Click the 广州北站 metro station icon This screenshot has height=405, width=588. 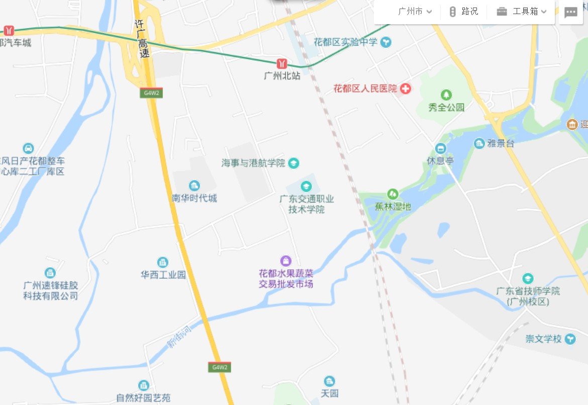(282, 63)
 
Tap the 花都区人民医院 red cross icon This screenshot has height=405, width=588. (405, 89)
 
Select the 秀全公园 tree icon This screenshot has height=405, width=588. (446, 95)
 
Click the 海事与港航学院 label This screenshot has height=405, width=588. (253, 163)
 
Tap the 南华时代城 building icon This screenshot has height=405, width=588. (194, 186)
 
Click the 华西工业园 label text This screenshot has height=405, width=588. (163, 275)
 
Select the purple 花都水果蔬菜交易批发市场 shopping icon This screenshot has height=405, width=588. (285, 261)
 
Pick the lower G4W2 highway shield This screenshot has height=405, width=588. (220, 367)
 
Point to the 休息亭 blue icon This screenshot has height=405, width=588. (441, 148)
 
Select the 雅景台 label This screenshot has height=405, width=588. (501, 144)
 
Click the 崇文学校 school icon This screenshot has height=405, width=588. (570, 339)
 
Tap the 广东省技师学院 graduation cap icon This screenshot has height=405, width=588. (527, 278)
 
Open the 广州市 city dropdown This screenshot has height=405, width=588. (415, 12)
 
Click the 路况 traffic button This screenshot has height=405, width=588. (463, 12)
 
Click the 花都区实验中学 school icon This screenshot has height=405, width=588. (385, 42)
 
